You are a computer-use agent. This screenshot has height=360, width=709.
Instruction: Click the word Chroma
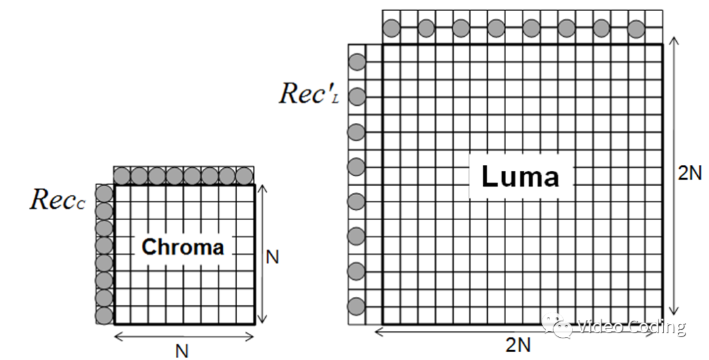[x=183, y=247]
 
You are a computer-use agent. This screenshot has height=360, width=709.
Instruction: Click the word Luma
[x=520, y=176]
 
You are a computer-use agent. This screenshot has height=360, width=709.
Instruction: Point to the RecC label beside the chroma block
[x=58, y=200]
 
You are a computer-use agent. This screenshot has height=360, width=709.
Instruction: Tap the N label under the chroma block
[x=182, y=351]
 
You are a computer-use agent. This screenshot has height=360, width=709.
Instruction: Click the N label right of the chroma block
[x=272, y=257]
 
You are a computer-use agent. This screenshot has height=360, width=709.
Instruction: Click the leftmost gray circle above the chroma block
[x=122, y=175]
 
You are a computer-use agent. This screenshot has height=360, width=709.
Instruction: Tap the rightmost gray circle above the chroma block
[x=244, y=175]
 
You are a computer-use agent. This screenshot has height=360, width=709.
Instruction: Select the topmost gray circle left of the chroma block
[x=104, y=193]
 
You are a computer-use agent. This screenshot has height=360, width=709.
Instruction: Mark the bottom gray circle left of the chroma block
[x=104, y=315]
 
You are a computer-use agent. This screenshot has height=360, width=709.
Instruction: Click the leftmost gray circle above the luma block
[x=391, y=28]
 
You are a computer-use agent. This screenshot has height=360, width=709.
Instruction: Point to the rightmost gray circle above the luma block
[x=635, y=28]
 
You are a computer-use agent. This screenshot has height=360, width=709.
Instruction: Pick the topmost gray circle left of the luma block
[x=356, y=62]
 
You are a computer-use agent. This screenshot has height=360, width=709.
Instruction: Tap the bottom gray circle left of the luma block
[x=356, y=306]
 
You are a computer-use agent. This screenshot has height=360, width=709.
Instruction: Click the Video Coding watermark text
[x=632, y=326]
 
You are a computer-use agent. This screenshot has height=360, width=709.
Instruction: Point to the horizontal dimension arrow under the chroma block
[x=184, y=336]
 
